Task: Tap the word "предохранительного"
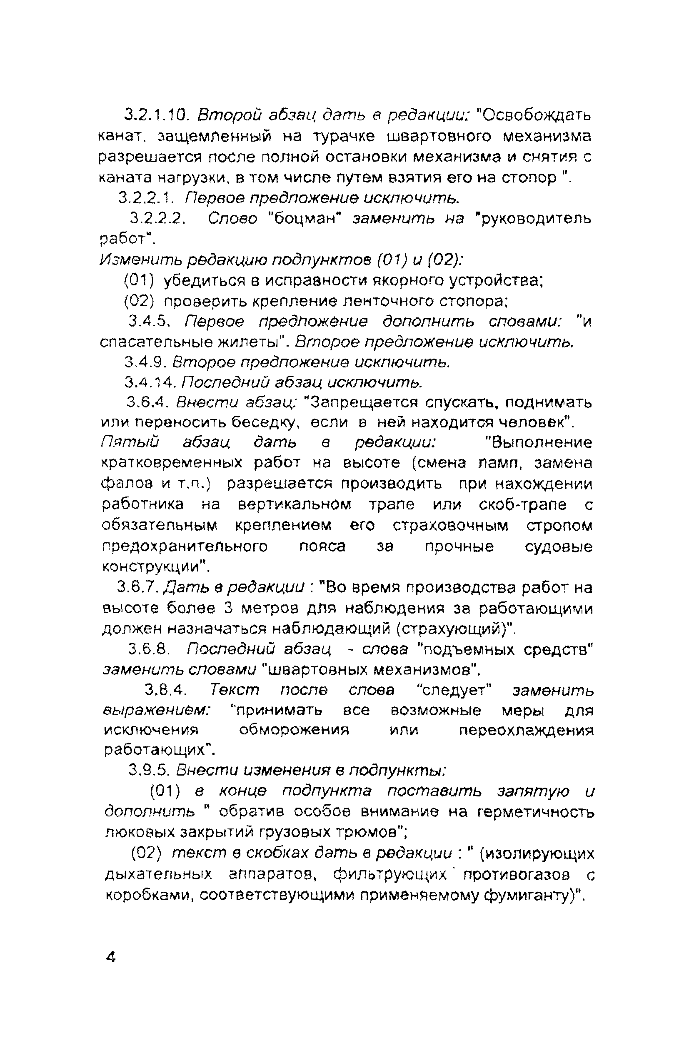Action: click(185, 546)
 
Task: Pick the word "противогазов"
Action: click(516, 875)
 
